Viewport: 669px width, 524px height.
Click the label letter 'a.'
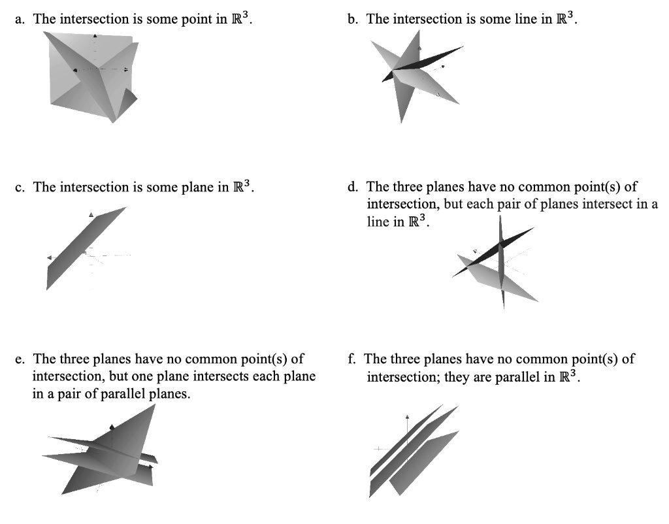tap(20, 19)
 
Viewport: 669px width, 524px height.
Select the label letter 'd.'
tap(353, 187)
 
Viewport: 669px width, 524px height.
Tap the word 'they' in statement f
tap(457, 377)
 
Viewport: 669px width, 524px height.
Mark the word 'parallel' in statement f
tap(518, 377)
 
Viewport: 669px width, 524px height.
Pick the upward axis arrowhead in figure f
tap(407, 416)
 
